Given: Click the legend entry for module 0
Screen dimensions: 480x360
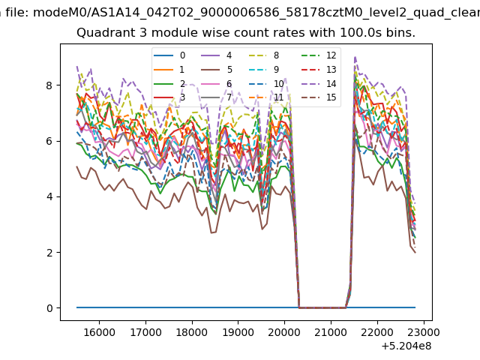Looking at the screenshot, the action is (169, 55).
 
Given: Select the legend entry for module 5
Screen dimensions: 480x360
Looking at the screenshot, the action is (217, 70).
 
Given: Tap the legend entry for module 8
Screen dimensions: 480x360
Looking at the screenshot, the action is (263, 55).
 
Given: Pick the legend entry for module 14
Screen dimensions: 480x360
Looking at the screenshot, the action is (319, 83).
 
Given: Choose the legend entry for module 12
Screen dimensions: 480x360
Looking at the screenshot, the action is (319, 55).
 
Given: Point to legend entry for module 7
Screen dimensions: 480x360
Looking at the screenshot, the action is (217, 97).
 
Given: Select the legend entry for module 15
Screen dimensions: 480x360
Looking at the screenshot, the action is (319, 97).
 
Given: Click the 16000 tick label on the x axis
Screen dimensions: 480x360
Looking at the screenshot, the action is (99, 332).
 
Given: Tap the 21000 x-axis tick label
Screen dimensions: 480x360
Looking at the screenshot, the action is (331, 332).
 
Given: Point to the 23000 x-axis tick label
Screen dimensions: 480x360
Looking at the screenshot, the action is (424, 332).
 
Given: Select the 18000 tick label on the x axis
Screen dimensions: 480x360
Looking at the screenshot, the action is (192, 332).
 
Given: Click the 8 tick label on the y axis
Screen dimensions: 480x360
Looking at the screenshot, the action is (49, 85).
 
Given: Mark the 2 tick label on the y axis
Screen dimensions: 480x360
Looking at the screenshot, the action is (49, 253).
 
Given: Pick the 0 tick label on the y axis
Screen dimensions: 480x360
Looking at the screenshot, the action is (49, 308).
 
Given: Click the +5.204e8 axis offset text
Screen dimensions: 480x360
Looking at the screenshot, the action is (406, 346).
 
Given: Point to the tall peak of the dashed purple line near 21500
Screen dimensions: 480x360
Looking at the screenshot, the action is (355, 57).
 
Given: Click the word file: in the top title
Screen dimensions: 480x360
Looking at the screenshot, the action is (18, 13).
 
